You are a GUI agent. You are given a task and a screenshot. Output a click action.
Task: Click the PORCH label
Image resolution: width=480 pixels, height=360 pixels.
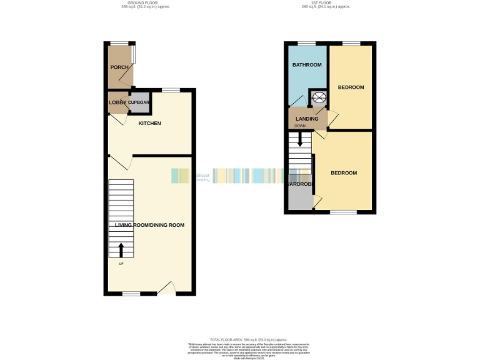coord(119,67)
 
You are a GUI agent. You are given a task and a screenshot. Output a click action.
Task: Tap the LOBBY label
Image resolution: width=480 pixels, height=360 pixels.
coord(117,102)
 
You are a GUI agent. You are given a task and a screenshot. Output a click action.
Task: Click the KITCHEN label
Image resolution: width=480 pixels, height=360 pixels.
coord(150,123)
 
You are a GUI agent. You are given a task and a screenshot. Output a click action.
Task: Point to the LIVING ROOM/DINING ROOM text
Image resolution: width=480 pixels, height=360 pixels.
coord(150,224)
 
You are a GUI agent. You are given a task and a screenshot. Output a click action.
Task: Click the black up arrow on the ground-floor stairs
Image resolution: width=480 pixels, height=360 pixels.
coord(121,250)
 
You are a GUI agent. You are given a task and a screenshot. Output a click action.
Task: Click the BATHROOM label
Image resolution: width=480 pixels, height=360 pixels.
coord(307,65)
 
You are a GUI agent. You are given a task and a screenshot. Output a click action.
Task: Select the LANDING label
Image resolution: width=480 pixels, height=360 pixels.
coord(307,119)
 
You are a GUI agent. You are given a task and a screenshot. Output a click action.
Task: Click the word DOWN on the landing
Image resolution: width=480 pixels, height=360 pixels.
coord(301,126)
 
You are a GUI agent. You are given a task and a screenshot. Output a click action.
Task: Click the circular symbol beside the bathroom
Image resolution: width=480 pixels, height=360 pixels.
coord(319,97)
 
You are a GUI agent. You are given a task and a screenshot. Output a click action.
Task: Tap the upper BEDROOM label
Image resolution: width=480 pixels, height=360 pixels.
coord(351,87)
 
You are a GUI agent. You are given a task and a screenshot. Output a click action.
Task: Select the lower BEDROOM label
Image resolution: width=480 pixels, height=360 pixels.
coord(344,172)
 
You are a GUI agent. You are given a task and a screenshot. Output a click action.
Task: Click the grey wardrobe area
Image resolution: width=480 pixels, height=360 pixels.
coord(300,199)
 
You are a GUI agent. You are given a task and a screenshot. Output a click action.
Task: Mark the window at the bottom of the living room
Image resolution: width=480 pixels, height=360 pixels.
coord(131,294)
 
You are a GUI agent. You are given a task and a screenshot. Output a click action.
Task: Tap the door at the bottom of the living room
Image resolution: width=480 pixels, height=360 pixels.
coord(166,289)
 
